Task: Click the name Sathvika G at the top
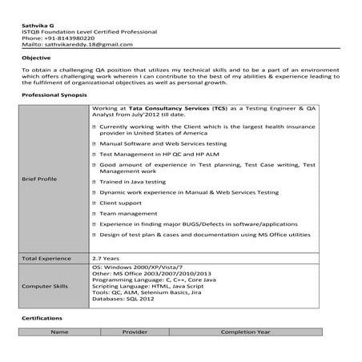click(36, 25)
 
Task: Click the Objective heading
click(36, 58)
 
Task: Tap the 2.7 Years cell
click(107, 259)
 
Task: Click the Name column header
click(58, 331)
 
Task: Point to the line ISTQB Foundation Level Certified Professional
click(89, 31)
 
